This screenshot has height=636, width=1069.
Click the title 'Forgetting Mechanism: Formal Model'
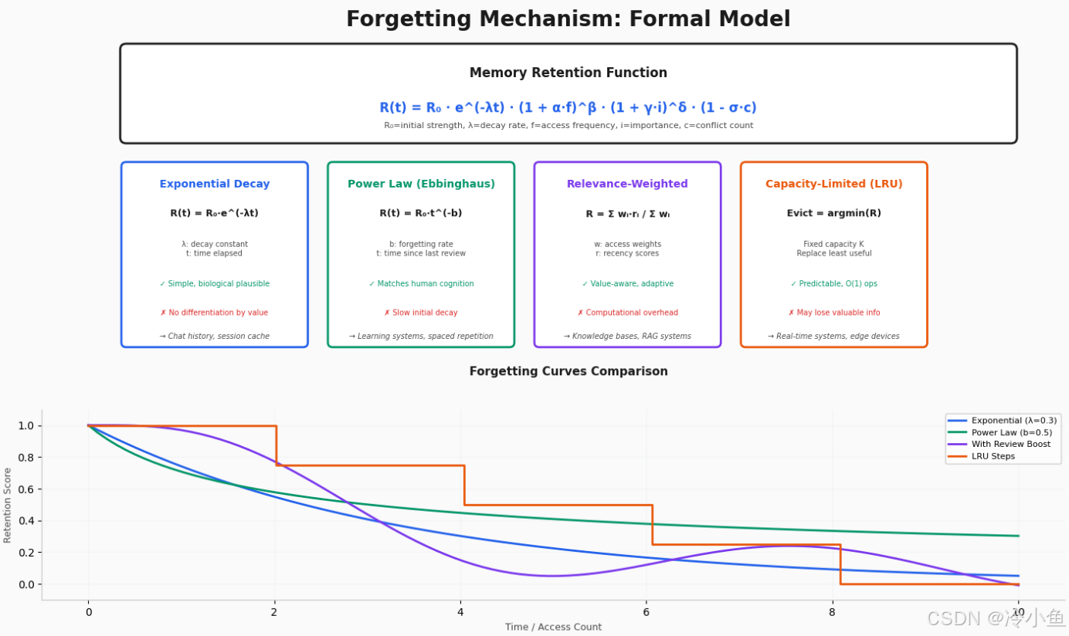[x=568, y=19]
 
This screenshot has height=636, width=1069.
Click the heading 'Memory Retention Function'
[x=568, y=73]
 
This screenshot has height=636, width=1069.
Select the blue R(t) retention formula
[x=568, y=107]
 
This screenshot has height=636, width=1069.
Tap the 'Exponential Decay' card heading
[x=214, y=184]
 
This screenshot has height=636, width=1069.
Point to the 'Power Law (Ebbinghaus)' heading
[x=421, y=184]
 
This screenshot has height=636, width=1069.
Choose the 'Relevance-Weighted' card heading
[x=627, y=184]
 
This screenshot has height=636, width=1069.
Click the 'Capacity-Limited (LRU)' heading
[x=833, y=184]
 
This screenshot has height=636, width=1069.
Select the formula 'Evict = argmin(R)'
[x=833, y=213]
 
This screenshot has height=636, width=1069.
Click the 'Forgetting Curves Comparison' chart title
[x=568, y=371]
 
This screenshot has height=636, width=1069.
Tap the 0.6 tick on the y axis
[x=27, y=489]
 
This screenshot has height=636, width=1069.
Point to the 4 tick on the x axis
[x=460, y=612]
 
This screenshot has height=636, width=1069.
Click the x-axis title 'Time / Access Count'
[x=553, y=627]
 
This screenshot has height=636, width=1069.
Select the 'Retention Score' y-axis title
[x=7, y=506]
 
